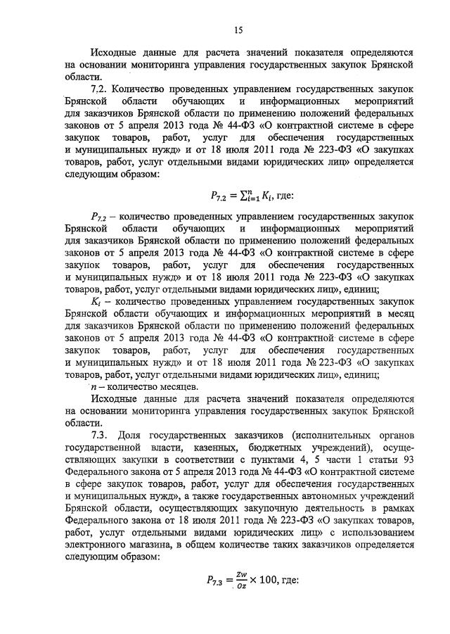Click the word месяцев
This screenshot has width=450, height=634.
coord(173,388)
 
